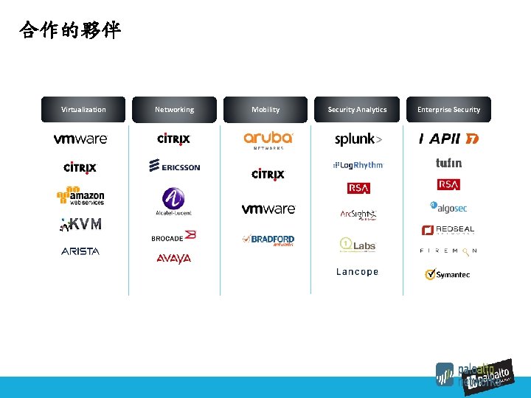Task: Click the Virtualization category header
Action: (x=83, y=110)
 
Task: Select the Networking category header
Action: (x=175, y=110)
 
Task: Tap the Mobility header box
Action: (x=265, y=110)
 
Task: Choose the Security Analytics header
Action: (x=357, y=110)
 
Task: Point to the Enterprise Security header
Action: (x=448, y=110)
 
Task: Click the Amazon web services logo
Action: (x=81, y=195)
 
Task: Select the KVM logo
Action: (x=81, y=224)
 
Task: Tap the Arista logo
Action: (x=80, y=251)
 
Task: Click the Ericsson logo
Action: (x=174, y=167)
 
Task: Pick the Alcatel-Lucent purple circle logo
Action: (x=174, y=200)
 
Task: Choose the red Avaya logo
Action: (x=174, y=259)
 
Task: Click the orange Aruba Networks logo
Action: (x=268, y=140)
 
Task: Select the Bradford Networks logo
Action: (x=268, y=240)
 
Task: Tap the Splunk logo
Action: (x=358, y=140)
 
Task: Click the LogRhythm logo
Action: (x=358, y=166)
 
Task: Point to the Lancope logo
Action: (x=358, y=272)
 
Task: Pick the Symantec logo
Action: (x=448, y=275)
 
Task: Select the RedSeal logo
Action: (x=448, y=230)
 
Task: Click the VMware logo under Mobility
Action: (x=268, y=209)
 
